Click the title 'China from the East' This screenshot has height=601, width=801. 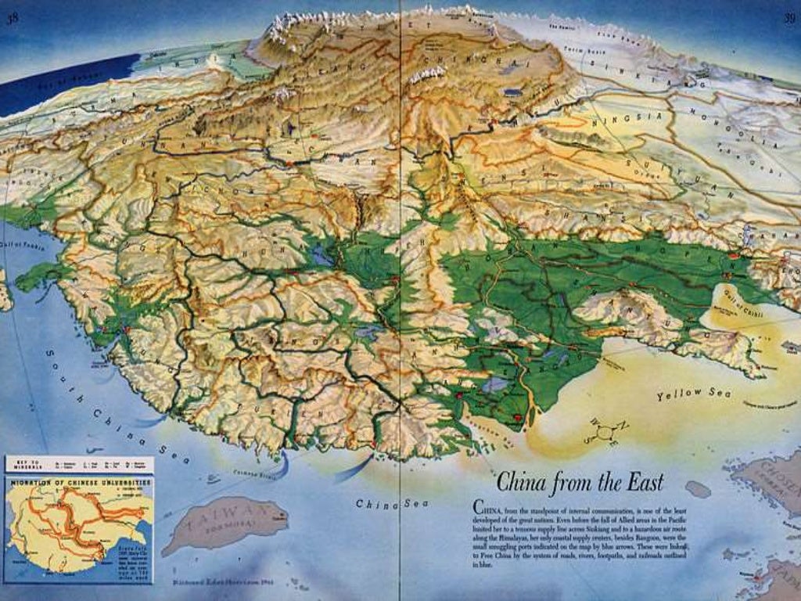(580, 480)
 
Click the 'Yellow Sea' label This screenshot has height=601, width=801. (694, 394)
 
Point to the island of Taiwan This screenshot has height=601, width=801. (225, 523)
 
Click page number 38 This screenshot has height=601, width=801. (13, 20)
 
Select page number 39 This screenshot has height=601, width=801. (788, 18)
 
